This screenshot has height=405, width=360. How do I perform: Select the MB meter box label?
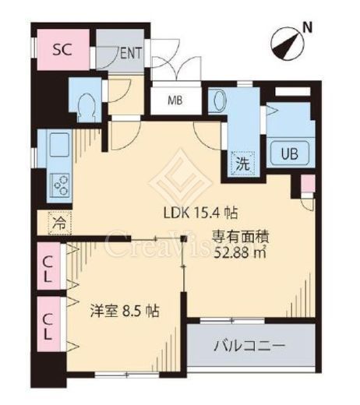click(179, 100)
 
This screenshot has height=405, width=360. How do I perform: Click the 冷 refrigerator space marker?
click(59, 222)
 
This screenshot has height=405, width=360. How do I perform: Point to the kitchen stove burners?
click(60, 184)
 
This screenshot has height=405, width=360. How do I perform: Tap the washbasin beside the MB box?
click(219, 102)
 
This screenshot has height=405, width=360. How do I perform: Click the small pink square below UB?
click(306, 185)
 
